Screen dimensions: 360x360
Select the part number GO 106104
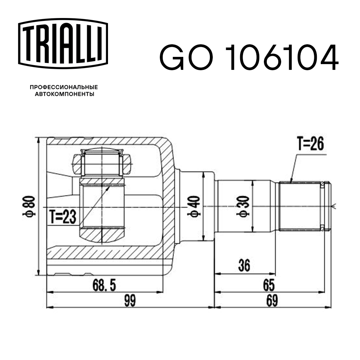tap(249, 58)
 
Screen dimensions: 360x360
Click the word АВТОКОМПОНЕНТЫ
tap(64, 94)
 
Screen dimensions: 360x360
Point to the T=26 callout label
tap(310, 144)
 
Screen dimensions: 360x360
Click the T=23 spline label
tap(62, 217)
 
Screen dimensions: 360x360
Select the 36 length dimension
tap(244, 267)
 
